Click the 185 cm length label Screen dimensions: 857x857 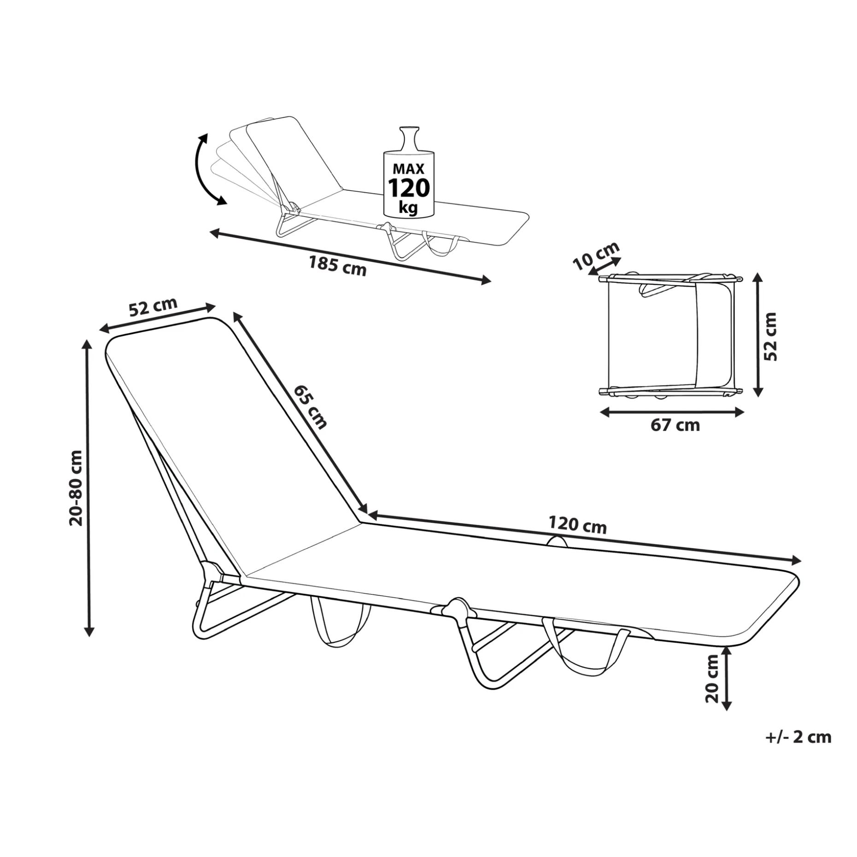point(337,266)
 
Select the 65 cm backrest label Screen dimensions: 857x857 point(311,407)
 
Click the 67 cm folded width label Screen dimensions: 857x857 point(675,425)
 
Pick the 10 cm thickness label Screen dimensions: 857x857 point(596,256)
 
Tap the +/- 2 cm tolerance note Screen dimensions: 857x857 point(798,750)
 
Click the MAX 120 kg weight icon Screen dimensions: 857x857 point(408,171)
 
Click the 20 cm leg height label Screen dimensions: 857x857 point(712,679)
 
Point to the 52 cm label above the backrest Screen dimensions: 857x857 point(153,306)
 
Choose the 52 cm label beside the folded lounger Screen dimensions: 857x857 point(770,336)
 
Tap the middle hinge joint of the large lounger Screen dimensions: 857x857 point(456,609)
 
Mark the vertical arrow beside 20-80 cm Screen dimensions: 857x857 point(88,488)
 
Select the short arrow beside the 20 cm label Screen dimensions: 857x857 point(727,678)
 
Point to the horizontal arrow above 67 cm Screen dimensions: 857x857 point(672,412)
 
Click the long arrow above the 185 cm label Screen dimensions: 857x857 point(350,256)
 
